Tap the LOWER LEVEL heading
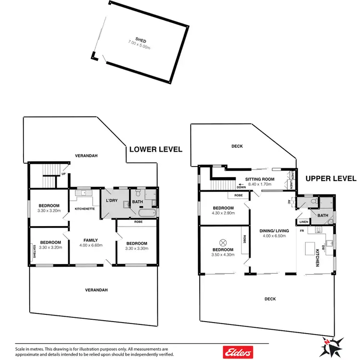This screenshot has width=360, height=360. pyautogui.click(x=156, y=150)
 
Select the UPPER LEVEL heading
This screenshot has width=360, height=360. pyautogui.click(x=331, y=179)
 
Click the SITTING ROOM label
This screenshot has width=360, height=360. pyautogui.click(x=260, y=179)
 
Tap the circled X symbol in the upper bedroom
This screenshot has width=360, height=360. pyautogui.click(x=223, y=241)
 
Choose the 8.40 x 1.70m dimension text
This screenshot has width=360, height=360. pyautogui.click(x=260, y=184)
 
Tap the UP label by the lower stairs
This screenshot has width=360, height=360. pyautogui.click(x=63, y=174)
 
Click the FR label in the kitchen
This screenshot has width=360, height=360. pyautogui.click(x=302, y=231)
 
